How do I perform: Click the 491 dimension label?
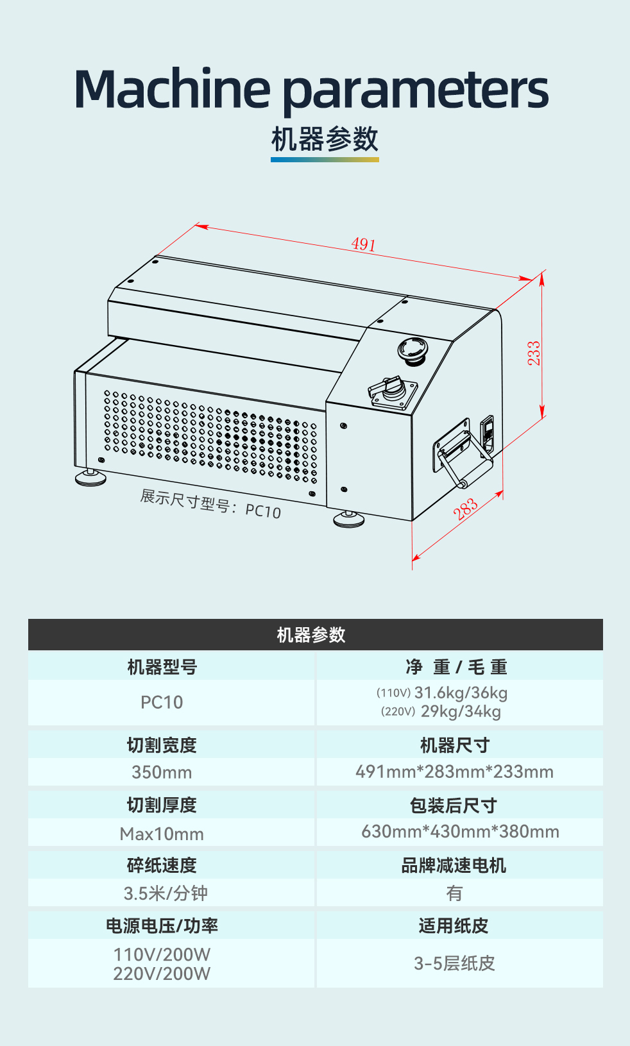pos(363,244)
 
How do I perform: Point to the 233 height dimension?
pos(534,353)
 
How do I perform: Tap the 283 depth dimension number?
pos(466,509)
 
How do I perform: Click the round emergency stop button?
pos(412,350)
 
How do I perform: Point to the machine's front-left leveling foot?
pos(90,477)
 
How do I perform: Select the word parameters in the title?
pos(415,90)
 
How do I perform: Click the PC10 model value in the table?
pos(162,702)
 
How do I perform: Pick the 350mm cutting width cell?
pos(162,772)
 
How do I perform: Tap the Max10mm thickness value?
pos(162,834)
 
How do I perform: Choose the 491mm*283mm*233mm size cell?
pos(454,772)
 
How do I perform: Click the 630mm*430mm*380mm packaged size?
pos(460,832)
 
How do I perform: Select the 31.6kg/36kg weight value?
pos(461,693)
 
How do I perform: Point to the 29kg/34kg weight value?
pos(461,711)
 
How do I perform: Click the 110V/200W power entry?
pos(162,954)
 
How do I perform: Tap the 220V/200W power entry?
pos(162,974)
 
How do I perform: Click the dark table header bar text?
pos(311,635)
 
